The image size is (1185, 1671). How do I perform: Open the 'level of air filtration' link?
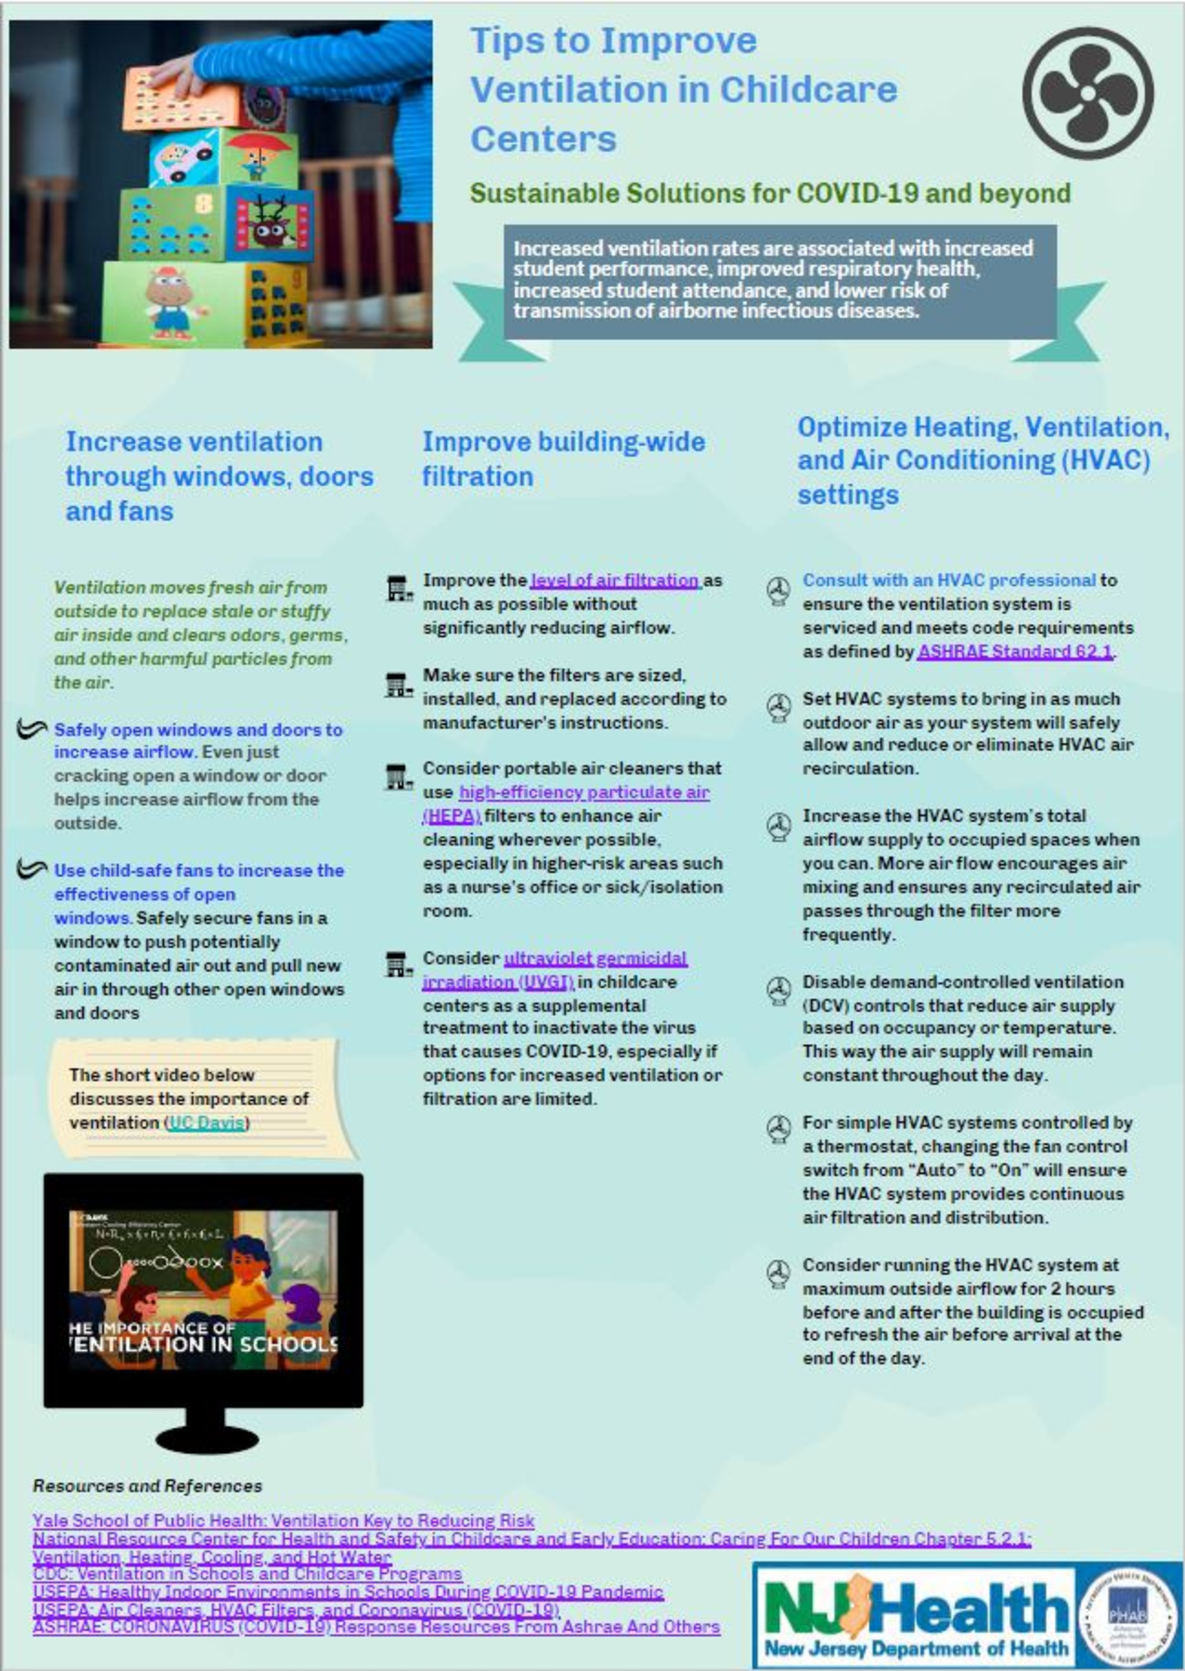click(x=614, y=580)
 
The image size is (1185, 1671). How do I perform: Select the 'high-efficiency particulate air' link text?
click(x=584, y=792)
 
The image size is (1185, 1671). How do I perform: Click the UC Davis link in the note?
click(x=207, y=1122)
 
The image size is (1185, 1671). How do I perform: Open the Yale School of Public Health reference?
click(x=283, y=1521)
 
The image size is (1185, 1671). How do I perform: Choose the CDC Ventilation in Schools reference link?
click(x=247, y=1573)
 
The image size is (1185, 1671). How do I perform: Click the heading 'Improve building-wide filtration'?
click(x=563, y=459)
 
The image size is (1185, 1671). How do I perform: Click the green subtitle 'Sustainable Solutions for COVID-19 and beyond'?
click(x=770, y=193)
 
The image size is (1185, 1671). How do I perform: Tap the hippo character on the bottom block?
click(x=173, y=300)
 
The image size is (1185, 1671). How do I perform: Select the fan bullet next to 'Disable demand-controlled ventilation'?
click(x=779, y=990)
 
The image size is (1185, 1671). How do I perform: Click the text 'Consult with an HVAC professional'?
click(x=949, y=580)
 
